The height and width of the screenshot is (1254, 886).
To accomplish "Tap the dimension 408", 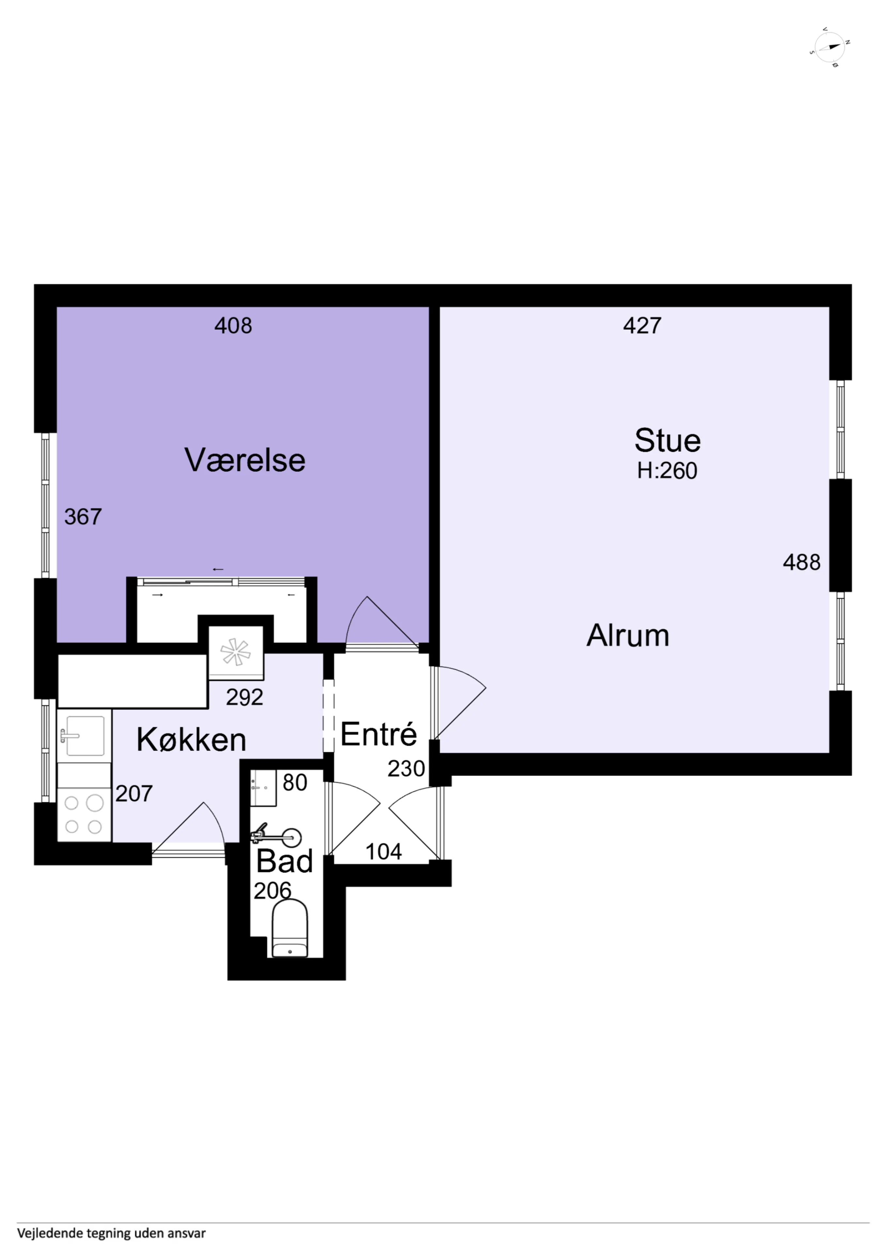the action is click(x=233, y=326).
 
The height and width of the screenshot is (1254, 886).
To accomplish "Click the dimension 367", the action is click(x=83, y=517).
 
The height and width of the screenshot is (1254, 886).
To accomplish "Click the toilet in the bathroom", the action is click(x=290, y=928).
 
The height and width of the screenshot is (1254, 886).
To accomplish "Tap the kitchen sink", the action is click(x=85, y=736).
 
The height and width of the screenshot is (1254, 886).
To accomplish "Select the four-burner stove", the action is click(x=84, y=814).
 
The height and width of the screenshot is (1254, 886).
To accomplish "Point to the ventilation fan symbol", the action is click(x=236, y=652).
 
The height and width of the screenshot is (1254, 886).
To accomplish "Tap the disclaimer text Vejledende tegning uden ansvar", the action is click(x=111, y=1233).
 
